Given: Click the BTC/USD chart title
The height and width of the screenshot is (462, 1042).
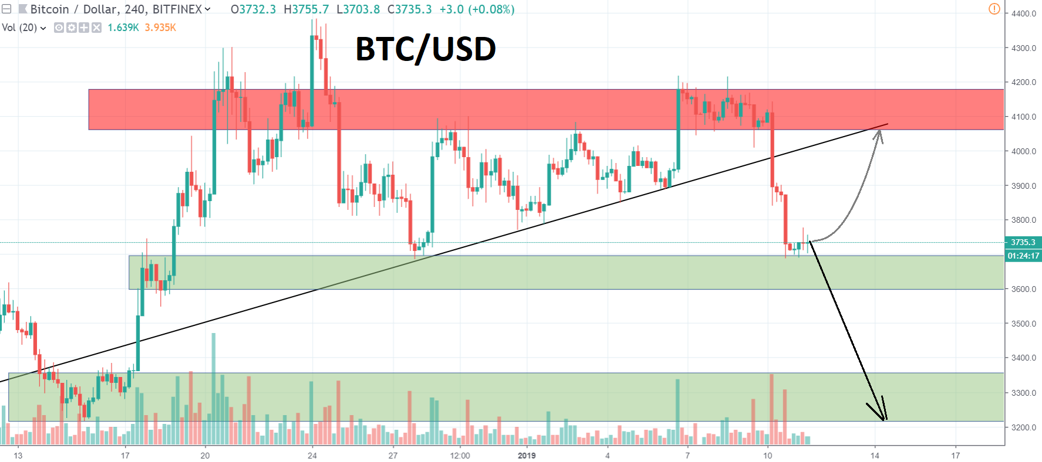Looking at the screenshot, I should [426, 49].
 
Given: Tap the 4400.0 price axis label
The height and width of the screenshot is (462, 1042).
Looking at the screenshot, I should [1023, 13].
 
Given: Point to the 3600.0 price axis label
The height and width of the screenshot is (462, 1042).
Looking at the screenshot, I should [1023, 289].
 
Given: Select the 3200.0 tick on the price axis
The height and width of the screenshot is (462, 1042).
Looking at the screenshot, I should [1023, 427].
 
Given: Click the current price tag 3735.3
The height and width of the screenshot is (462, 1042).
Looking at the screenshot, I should [1023, 242].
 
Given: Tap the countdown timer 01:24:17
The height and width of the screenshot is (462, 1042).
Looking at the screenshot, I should [1023, 256].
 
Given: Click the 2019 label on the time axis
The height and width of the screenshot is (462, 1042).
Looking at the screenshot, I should [527, 456].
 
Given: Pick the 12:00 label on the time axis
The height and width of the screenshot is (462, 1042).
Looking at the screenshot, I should [460, 456].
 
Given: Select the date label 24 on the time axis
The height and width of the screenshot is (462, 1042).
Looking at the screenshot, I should [312, 456].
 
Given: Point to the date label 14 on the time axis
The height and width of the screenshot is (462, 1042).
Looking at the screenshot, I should [875, 456].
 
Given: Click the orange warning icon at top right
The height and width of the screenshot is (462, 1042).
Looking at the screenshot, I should [994, 9].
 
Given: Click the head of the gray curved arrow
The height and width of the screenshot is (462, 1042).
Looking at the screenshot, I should [878, 132].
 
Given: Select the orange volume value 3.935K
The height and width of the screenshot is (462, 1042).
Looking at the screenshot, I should [160, 28].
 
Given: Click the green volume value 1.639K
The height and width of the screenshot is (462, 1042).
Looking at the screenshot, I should [123, 28].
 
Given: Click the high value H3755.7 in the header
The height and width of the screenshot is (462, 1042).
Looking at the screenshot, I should [306, 9].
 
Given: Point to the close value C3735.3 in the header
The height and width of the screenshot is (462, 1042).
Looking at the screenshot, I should [409, 9].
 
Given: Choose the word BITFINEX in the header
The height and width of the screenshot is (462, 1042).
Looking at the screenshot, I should [177, 9].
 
